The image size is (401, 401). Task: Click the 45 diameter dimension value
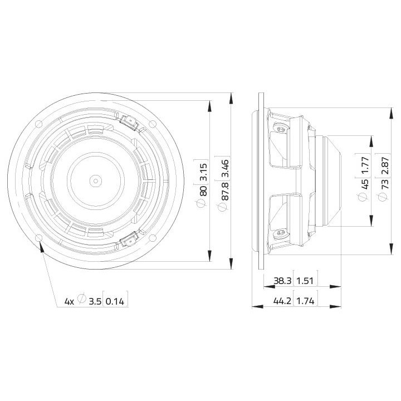click(x=365, y=184)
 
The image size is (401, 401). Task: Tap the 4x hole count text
click(x=69, y=301)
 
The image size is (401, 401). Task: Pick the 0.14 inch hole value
click(x=115, y=301)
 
